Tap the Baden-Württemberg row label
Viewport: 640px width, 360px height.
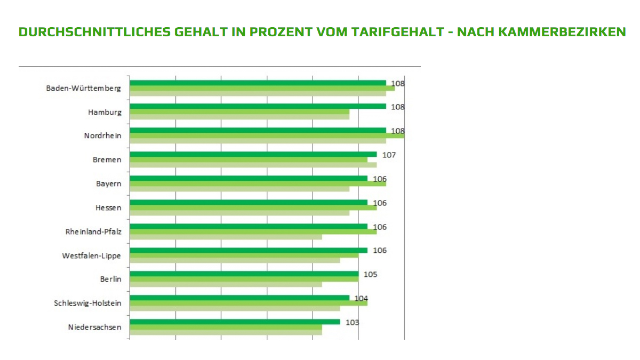(84, 88)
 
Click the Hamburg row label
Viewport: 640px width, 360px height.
(105, 112)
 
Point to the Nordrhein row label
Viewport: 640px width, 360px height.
(102, 135)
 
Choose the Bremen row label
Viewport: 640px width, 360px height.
(107, 159)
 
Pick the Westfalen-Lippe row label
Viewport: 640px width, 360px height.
(91, 255)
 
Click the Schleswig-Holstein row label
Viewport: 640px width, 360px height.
(87, 303)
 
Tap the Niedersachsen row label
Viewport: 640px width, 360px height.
(95, 327)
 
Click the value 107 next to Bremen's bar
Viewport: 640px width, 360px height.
(389, 155)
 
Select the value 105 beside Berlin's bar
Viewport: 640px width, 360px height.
(371, 274)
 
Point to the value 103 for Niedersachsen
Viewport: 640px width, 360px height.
(352, 322)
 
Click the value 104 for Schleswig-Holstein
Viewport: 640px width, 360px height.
(362, 298)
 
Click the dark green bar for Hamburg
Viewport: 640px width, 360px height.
(258, 106)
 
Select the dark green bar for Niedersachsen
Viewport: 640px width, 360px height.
(235, 322)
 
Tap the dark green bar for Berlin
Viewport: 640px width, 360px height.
(244, 274)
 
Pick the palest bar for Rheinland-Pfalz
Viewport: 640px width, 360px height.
(226, 237)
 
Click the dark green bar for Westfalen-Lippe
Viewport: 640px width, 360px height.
(249, 250)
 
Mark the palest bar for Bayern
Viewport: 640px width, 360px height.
(239, 189)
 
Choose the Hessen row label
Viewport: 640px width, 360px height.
(108, 207)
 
